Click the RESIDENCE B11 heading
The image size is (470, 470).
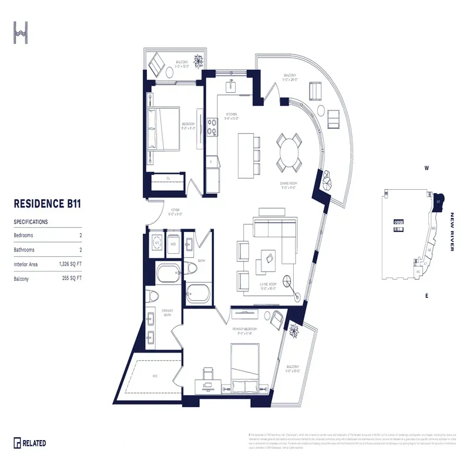click(x=46, y=204)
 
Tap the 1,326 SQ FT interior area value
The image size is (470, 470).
click(x=69, y=265)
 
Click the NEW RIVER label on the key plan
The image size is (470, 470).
click(x=452, y=231)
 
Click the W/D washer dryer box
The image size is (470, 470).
click(x=173, y=243)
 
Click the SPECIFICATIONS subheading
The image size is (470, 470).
click(x=31, y=222)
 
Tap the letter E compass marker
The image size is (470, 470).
click(x=427, y=296)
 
